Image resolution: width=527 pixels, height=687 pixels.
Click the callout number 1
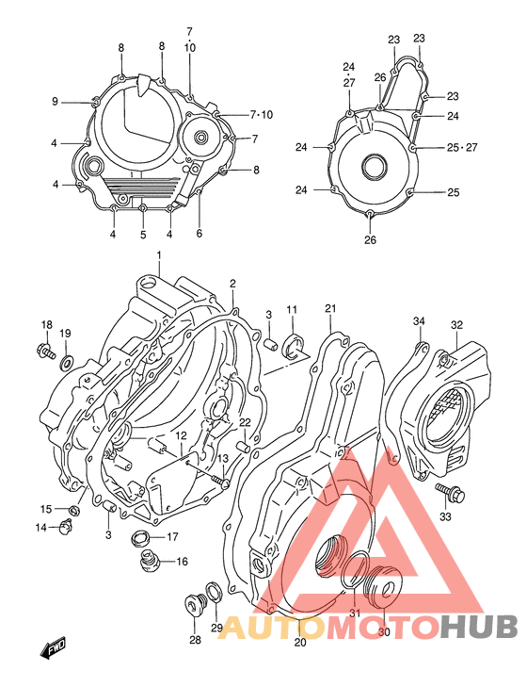160,256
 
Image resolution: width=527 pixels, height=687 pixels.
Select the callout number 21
330,308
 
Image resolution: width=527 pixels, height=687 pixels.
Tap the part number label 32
456,325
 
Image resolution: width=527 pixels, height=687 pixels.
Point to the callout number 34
420,322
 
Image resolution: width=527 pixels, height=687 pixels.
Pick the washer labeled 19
66,363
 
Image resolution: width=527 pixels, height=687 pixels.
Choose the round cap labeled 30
384,588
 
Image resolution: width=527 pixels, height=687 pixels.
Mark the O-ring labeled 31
355,570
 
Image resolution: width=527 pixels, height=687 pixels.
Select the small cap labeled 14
67,526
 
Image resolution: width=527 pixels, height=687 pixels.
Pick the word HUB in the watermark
478,627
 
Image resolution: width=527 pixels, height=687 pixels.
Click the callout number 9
55,102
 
